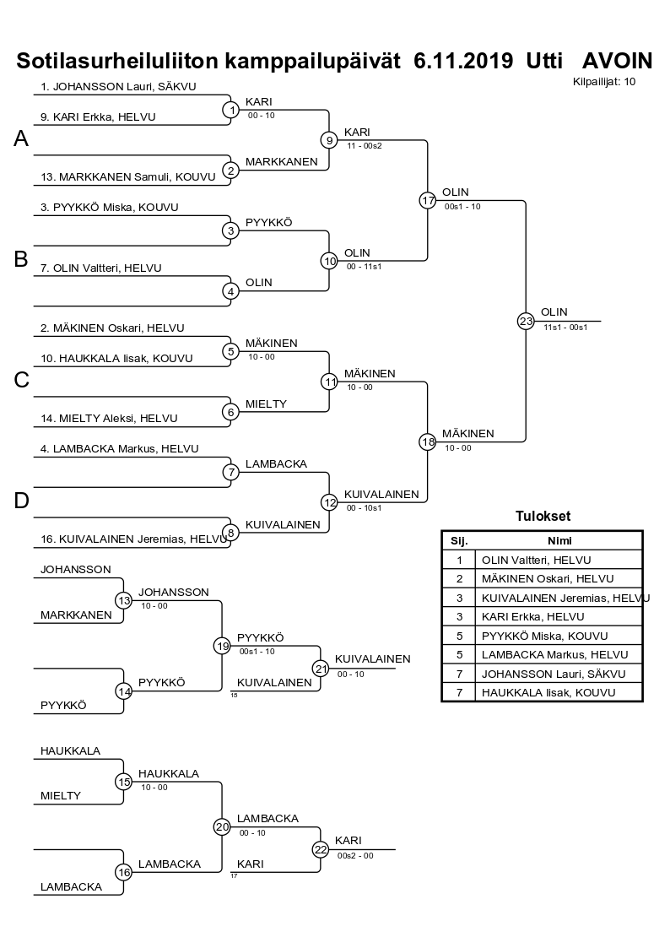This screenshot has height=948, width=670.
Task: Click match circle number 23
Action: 526,321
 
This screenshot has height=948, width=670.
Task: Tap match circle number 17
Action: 427,200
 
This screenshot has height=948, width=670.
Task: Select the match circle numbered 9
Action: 329,140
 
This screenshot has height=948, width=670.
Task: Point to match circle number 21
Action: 320,667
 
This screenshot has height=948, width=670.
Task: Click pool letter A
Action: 22,139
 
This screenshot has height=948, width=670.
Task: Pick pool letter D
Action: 22,501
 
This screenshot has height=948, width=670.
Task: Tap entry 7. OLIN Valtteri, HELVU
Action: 101,268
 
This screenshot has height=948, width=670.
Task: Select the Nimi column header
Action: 559,541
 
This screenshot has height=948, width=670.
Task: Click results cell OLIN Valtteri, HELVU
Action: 536,560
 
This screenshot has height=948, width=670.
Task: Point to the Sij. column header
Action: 459,541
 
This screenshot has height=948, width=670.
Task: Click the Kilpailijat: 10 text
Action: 603,82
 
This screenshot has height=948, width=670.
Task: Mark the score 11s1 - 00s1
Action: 565,327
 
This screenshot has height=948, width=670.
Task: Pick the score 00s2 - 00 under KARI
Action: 354,855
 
